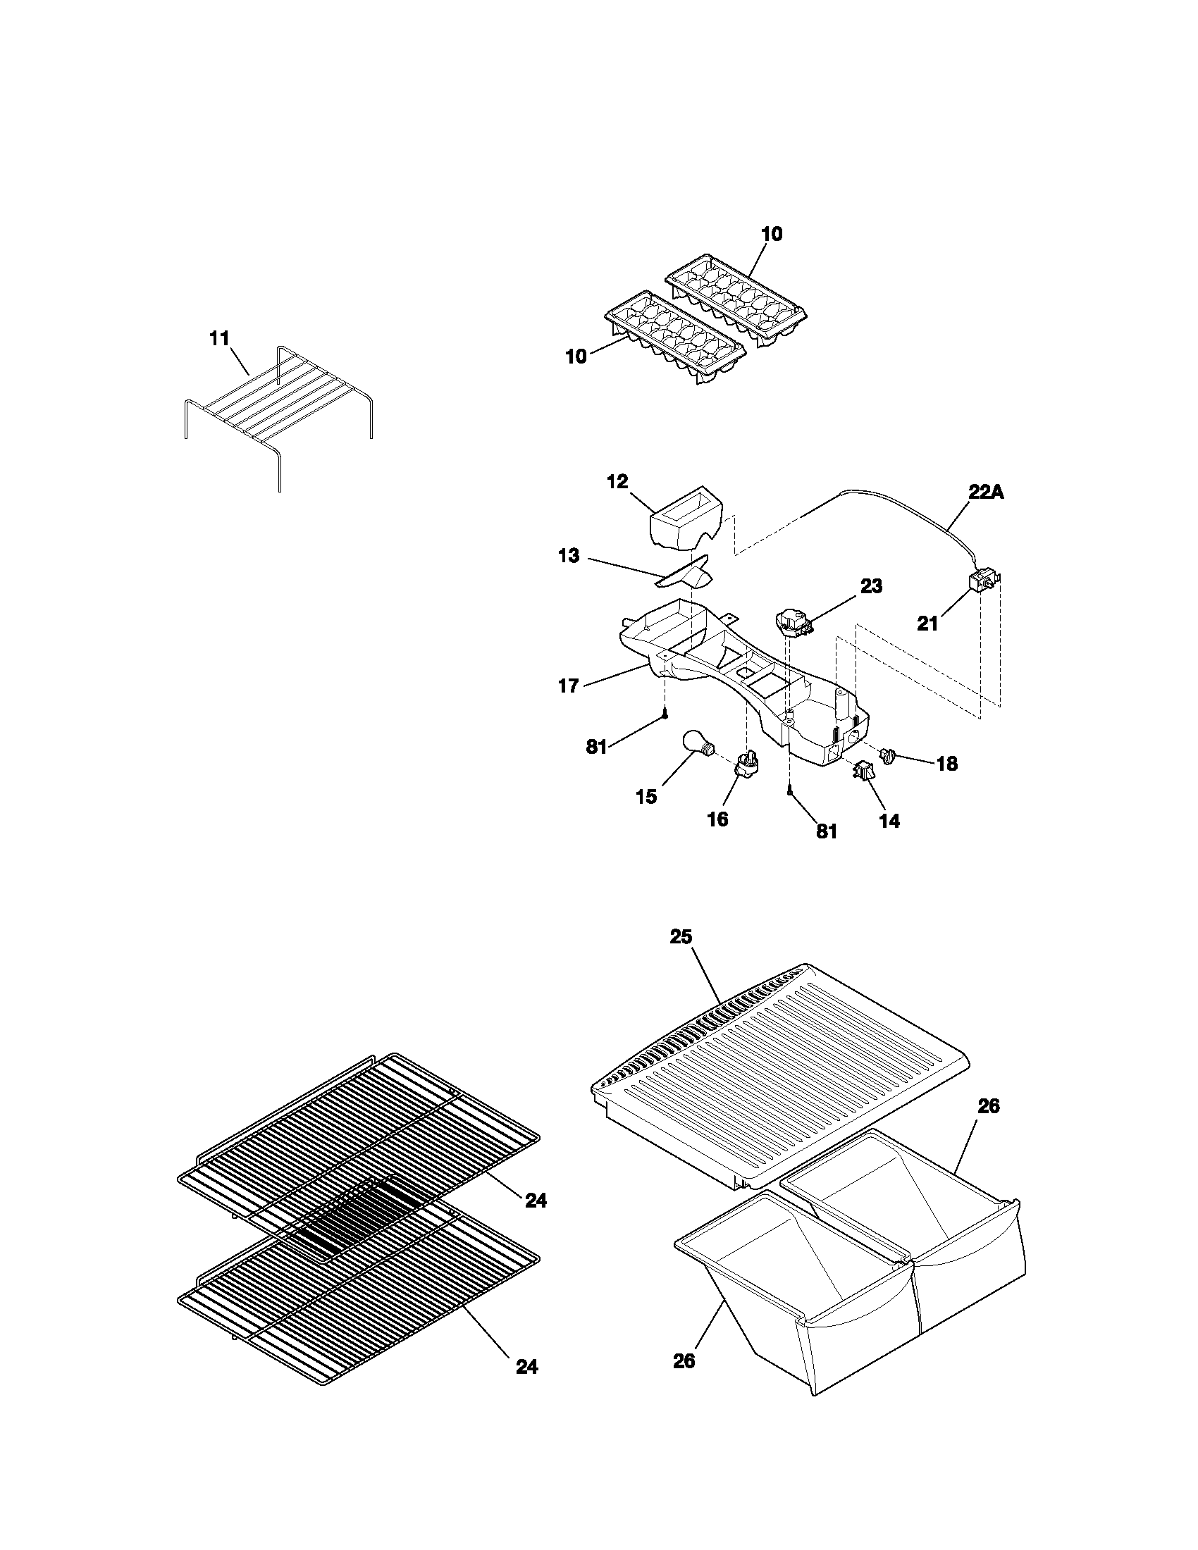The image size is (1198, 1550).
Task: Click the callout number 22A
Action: pyautogui.click(x=986, y=492)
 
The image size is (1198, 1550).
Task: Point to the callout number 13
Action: pyautogui.click(x=569, y=556)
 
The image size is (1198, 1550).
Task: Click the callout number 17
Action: pyautogui.click(x=569, y=686)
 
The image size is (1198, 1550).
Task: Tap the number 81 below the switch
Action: pyautogui.click(x=827, y=831)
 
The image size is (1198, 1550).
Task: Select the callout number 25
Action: pyautogui.click(x=681, y=937)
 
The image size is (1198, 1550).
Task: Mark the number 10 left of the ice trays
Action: pyautogui.click(x=576, y=356)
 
